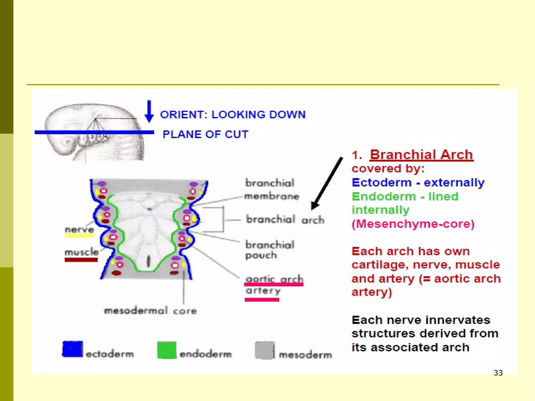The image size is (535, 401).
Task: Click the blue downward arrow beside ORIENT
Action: (x=149, y=112)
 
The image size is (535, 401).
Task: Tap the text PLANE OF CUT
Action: (x=205, y=134)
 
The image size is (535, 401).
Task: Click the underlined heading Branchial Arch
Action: (x=421, y=155)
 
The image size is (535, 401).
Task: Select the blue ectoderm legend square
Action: (x=73, y=349)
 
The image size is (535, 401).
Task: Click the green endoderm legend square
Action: (x=167, y=350)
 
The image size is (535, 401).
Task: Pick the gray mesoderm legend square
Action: (x=264, y=350)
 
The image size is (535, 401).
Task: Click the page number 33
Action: (x=498, y=373)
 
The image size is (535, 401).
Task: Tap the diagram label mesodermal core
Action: (x=150, y=311)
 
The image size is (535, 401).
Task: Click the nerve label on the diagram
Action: (x=79, y=229)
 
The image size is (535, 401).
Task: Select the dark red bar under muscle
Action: (x=81, y=260)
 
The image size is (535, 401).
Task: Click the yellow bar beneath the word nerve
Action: (x=79, y=236)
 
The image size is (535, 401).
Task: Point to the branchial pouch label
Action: (x=270, y=250)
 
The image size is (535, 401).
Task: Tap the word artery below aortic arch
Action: (x=263, y=291)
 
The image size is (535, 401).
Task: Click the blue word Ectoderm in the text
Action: (x=381, y=182)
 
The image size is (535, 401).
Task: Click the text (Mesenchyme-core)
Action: (x=413, y=224)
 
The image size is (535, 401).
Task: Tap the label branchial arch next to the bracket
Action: (x=285, y=220)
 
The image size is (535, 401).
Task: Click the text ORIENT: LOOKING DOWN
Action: (x=232, y=115)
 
